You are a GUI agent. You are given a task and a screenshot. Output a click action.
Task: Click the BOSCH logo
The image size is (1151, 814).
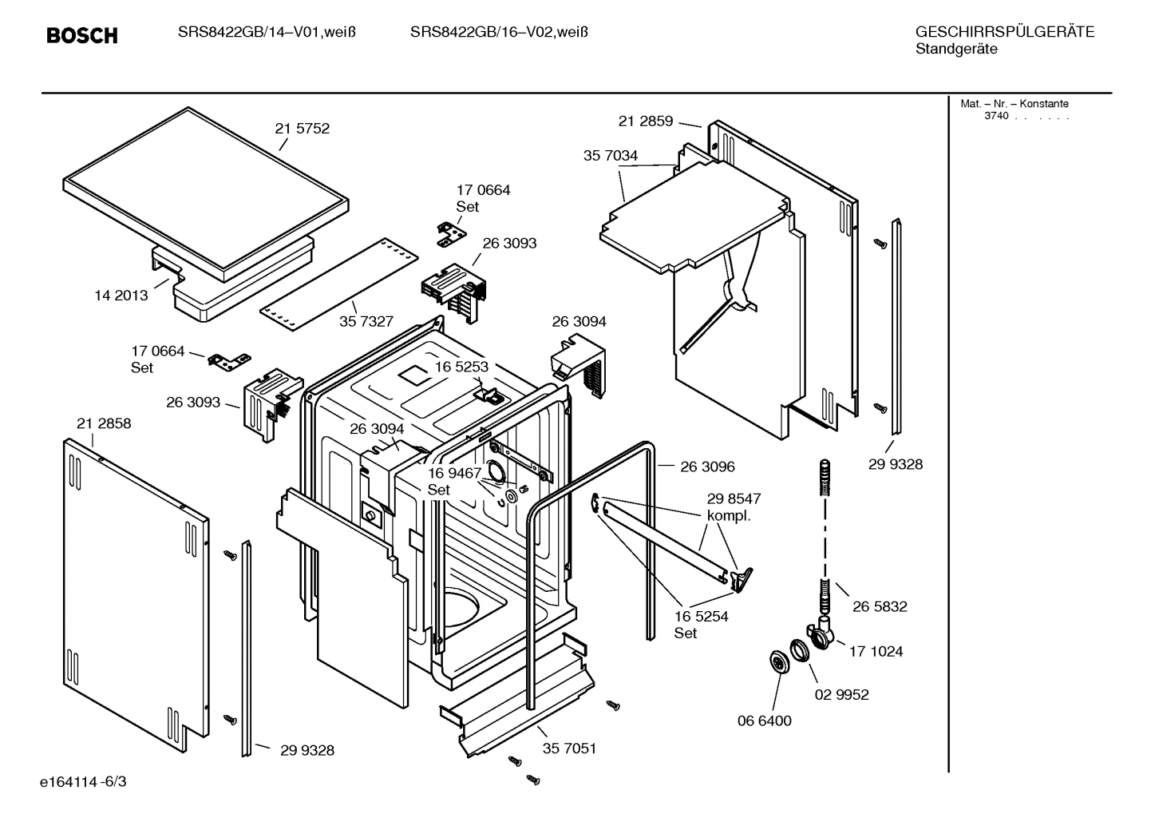point(81,35)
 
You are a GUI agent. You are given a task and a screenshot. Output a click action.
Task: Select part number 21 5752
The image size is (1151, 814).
point(302,129)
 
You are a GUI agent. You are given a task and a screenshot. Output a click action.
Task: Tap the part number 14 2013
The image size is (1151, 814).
point(121,296)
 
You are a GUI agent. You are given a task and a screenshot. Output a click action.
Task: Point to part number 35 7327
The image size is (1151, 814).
point(366,321)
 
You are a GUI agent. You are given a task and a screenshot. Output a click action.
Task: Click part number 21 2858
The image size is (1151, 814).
point(104,423)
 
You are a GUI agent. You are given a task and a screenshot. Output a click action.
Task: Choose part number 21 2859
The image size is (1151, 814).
point(646,121)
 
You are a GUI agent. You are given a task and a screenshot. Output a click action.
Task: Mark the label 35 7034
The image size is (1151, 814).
point(611,156)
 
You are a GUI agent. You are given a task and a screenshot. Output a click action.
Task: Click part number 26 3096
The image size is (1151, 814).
point(707,467)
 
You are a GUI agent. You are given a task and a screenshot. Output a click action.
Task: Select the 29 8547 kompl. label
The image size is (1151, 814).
point(733,506)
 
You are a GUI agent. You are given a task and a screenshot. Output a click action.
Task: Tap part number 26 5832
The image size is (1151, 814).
point(880,606)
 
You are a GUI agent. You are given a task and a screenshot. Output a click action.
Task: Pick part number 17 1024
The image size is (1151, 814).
point(876,651)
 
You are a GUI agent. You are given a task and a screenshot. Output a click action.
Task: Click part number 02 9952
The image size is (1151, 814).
point(841,694)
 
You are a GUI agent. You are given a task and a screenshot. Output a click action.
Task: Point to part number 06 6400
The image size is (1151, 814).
point(764,721)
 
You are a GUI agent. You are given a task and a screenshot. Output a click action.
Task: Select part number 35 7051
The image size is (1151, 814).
point(569,748)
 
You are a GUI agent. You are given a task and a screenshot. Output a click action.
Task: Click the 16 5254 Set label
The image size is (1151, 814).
point(701,624)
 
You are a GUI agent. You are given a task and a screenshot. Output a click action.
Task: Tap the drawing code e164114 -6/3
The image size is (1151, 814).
point(83,780)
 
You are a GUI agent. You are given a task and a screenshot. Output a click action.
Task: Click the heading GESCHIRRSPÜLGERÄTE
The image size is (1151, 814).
point(1004,32)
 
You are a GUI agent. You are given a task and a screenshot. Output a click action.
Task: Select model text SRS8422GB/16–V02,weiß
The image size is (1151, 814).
point(499,32)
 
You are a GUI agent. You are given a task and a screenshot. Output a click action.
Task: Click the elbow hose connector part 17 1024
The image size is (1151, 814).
point(822,633)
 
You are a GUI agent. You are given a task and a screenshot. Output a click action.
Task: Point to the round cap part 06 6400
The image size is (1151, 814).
point(777,661)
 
